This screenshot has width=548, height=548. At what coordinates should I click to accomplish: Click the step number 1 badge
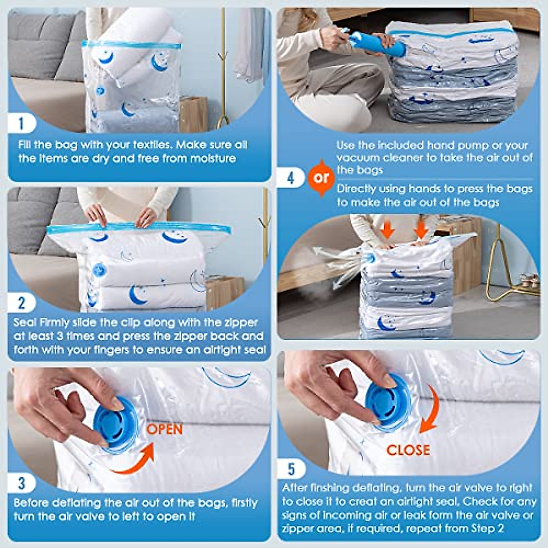tap(21, 123)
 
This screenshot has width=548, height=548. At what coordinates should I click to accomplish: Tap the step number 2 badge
tap(21, 303)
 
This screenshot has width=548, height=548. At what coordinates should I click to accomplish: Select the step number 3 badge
tap(21, 483)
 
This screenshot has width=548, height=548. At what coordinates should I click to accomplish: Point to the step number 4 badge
tap(290, 178)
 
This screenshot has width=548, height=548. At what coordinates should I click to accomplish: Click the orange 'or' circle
tap(321, 178)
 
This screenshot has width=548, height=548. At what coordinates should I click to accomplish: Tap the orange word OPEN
tap(164, 429)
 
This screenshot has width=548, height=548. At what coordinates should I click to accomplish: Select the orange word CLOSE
tap(408, 450)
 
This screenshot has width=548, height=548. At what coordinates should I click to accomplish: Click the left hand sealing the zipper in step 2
tap(96, 215)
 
